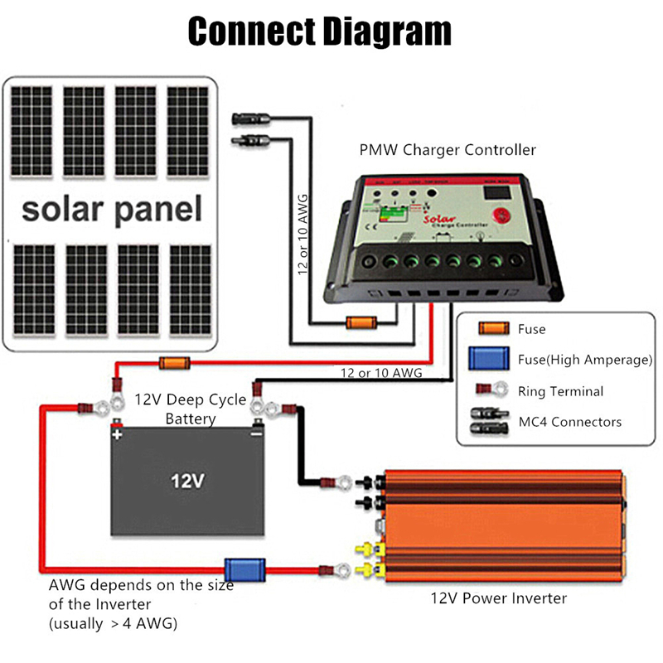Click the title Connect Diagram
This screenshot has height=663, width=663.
click(x=320, y=31)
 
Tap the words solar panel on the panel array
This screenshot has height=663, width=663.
click(x=111, y=209)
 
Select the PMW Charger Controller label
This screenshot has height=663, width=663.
click(x=448, y=150)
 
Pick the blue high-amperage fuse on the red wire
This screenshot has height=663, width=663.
click(x=245, y=569)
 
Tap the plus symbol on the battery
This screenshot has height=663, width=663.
click(x=118, y=434)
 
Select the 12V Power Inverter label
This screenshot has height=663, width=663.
click(x=498, y=598)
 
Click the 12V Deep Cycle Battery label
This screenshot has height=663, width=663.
click(x=191, y=409)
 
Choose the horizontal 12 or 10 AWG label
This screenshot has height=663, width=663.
click(x=381, y=374)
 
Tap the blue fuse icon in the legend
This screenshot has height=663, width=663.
click(x=486, y=360)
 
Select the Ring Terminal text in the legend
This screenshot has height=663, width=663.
click(x=560, y=391)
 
